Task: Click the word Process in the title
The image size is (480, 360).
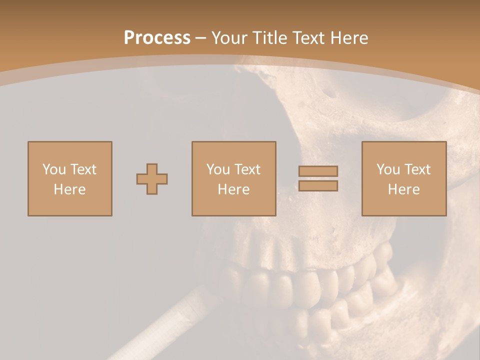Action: [x=157, y=38]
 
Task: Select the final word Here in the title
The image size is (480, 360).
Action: [x=348, y=38]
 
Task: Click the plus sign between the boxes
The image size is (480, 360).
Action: [x=152, y=179]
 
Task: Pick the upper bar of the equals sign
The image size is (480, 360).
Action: [x=318, y=171]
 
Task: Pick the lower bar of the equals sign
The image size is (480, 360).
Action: [x=318, y=186]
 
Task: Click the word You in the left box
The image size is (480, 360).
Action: [x=53, y=169]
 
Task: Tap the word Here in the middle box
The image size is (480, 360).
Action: [x=234, y=189]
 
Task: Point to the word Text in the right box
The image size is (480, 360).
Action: [x=417, y=169]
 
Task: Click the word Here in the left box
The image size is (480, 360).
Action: [x=70, y=189]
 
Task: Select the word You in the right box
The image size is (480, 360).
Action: [x=387, y=169]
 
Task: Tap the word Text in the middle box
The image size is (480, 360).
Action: [x=247, y=169]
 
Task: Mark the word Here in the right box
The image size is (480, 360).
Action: [x=404, y=189]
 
